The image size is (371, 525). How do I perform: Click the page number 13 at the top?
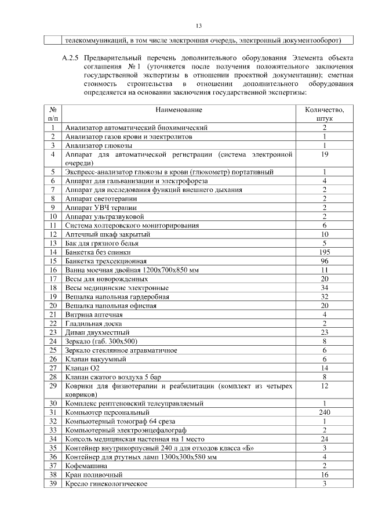coord(198,26)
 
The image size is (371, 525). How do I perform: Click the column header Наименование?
coord(179,110)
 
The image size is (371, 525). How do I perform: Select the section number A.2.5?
coord(72,59)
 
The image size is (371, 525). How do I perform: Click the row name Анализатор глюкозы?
coord(99,145)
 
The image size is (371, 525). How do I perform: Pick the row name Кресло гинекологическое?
coord(106,483)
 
